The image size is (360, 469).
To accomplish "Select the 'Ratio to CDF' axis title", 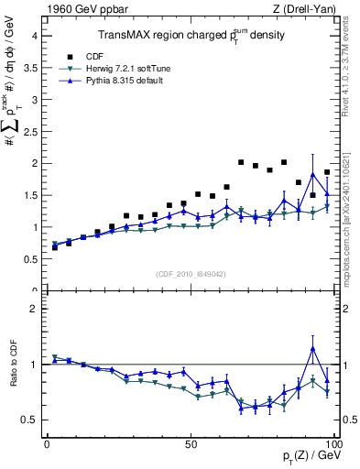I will [x=14, y=376].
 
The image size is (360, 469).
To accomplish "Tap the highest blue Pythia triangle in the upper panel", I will [x=313, y=174].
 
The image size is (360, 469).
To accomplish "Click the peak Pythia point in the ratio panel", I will [x=313, y=348].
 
